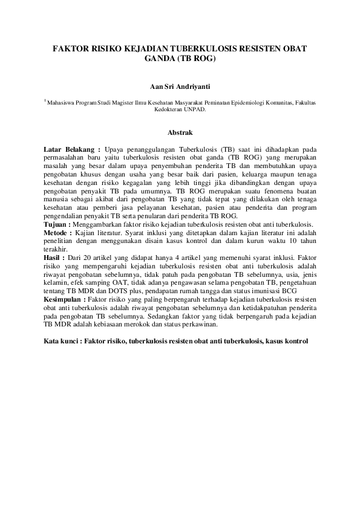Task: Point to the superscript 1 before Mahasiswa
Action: (45, 102)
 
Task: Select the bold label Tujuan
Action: (57, 224)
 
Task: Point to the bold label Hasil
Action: (55, 258)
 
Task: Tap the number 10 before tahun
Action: (287, 241)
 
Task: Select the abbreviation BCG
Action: (289, 291)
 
